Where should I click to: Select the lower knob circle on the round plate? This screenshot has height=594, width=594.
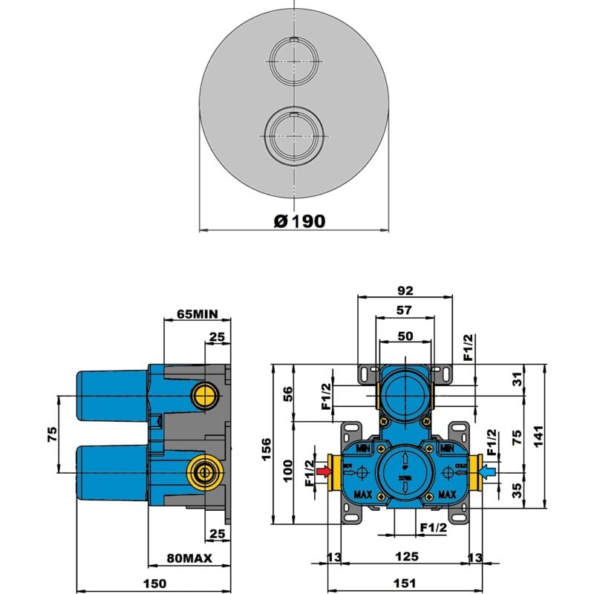tap(294, 137)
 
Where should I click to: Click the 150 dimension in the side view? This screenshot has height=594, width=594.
tap(154, 584)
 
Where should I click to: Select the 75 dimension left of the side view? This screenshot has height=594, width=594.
tap(51, 434)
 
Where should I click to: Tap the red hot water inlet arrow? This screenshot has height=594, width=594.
tap(324, 471)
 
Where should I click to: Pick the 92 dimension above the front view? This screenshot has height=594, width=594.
tap(405, 290)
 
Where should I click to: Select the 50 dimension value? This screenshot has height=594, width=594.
tap(405, 336)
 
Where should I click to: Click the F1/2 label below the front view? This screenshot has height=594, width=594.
tap(433, 527)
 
